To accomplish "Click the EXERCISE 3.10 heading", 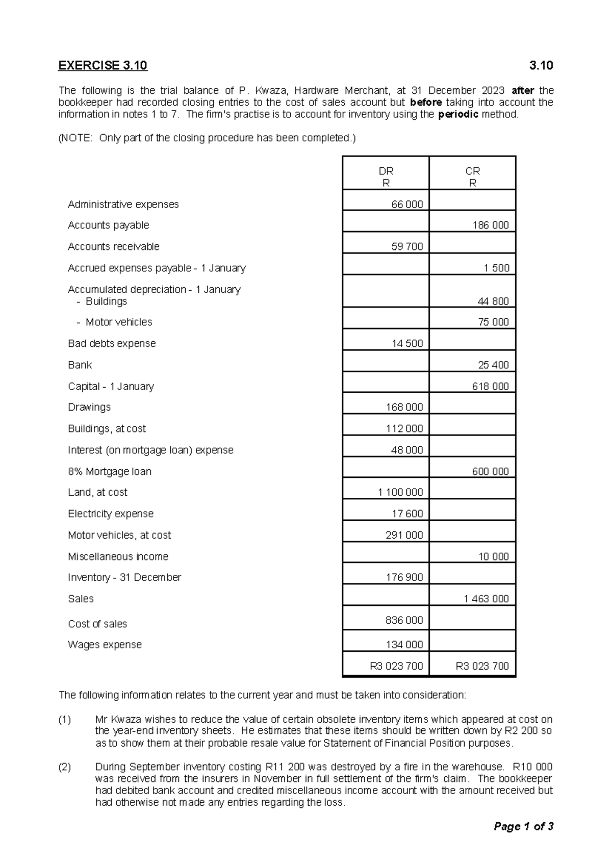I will point(103,66).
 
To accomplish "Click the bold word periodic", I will point(458,114).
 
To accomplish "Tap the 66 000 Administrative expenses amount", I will point(406,205).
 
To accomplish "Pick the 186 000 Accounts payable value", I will point(490,225).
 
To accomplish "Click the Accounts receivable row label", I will point(113,247).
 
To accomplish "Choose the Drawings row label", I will point(89,407).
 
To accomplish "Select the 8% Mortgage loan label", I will point(110,471).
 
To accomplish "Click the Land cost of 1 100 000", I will point(400,493).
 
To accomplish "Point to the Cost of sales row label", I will point(97,624).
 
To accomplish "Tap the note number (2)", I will point(65,767).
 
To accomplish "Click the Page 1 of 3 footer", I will point(523,827).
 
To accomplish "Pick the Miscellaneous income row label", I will point(118,556).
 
